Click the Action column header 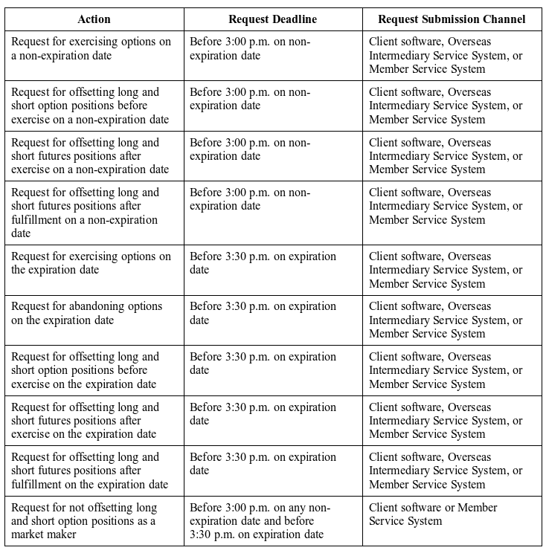coord(94,19)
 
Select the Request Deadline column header coord(273,19)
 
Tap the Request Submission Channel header coord(452,19)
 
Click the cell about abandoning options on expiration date coord(94,313)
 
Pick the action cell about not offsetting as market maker coord(94,521)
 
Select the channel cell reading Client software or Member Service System coord(452,514)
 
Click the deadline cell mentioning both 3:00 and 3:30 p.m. coord(273,521)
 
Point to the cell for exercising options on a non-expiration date coord(94,48)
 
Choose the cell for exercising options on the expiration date coord(94,263)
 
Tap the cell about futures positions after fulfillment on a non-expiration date coord(94,213)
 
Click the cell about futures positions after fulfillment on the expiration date coord(94,471)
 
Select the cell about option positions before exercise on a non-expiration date coord(94,106)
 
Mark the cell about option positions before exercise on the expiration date coord(94,370)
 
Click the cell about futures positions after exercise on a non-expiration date coord(94,155)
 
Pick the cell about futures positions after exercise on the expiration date coord(94,420)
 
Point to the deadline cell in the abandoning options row coord(273,313)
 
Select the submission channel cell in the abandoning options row coord(452,320)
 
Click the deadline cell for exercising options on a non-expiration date coord(273,48)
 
